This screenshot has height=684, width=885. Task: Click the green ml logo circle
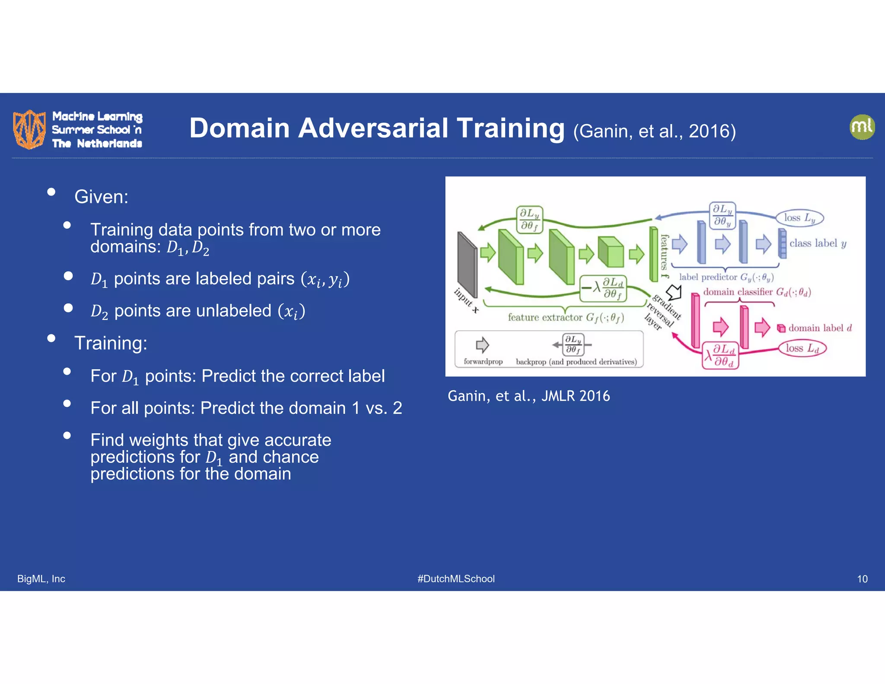pyautogui.click(x=862, y=127)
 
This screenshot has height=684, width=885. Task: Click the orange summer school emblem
pyautogui.click(x=29, y=129)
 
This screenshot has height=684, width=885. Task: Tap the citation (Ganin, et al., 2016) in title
pyautogui.click(x=654, y=131)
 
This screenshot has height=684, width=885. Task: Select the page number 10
pyautogui.click(x=862, y=579)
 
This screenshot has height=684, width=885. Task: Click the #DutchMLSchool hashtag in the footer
pyautogui.click(x=456, y=579)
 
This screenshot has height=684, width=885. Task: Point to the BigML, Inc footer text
pyautogui.click(x=41, y=579)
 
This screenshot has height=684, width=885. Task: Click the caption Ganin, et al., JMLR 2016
pyautogui.click(x=528, y=396)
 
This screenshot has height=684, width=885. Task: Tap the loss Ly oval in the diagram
pyautogui.click(x=799, y=218)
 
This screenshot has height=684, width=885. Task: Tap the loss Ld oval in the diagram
pyautogui.click(x=802, y=348)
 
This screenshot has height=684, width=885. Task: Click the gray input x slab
pyautogui.click(x=467, y=265)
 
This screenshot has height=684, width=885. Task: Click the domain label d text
pyautogui.click(x=819, y=328)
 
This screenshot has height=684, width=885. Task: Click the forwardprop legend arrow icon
pyautogui.click(x=482, y=345)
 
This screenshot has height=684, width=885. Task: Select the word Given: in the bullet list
pyautogui.click(x=101, y=197)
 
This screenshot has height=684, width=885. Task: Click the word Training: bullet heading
pyautogui.click(x=111, y=343)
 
